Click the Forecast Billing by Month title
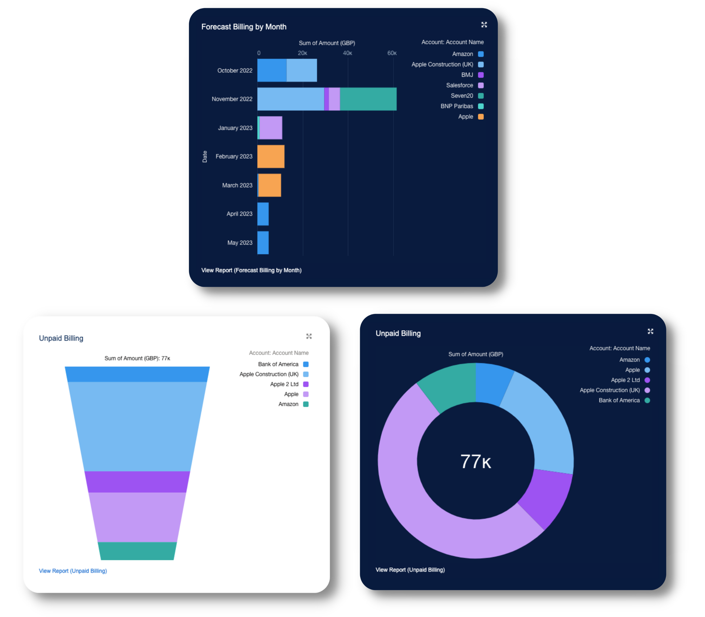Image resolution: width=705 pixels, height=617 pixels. coord(244,27)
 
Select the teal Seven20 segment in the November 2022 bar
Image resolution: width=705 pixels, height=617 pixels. coord(368,99)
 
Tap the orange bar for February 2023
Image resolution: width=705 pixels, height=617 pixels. coord(271,157)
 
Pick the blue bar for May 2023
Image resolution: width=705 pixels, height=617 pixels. coord(263,243)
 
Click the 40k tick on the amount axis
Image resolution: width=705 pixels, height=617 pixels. coord(347,53)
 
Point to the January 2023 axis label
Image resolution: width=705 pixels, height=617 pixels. coord(235,128)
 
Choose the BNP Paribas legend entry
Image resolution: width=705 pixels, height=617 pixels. coord(457,106)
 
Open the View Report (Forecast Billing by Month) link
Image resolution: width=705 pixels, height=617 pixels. coord(251,270)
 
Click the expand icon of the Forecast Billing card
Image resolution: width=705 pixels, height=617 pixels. coord(484,25)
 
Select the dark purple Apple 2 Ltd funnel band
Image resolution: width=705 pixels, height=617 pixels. coord(137,482)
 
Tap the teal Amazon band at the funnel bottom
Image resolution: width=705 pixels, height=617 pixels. coord(137,551)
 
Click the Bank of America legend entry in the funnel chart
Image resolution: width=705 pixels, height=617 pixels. coord(278,364)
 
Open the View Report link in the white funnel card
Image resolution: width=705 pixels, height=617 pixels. coord(73,571)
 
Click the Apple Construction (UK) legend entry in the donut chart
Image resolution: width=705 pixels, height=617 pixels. coord(610,390)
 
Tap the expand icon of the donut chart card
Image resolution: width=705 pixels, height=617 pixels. coord(650,331)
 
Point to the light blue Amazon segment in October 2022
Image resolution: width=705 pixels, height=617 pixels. coord(272,71)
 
